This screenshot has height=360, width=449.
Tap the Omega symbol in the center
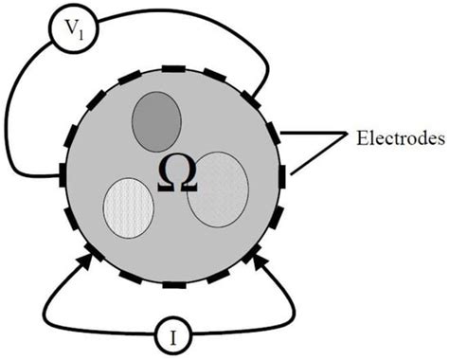pyautogui.click(x=175, y=175)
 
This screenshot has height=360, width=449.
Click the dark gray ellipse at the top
pyautogui.click(x=155, y=121)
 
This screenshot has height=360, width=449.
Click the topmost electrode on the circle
pyautogui.click(x=174, y=69)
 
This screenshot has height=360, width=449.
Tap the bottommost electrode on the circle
pyautogui.click(x=174, y=282)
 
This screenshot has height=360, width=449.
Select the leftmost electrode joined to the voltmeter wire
pyautogui.click(x=64, y=175)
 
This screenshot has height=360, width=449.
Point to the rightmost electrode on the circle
pyautogui.click(x=282, y=175)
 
